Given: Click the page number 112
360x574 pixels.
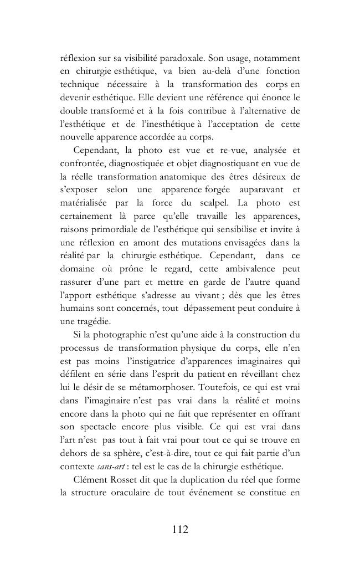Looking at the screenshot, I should [180, 529].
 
